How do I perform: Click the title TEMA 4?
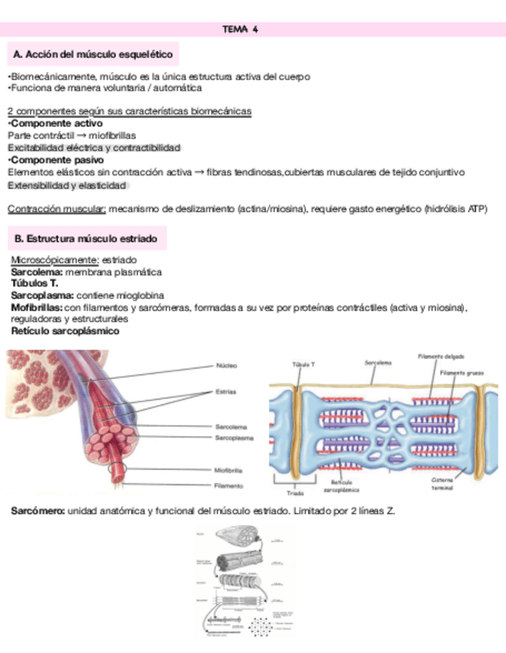pos(239,30)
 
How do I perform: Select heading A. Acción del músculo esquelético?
pos(92,55)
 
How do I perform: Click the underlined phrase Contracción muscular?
pos(56,209)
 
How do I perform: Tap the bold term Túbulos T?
pos(35,283)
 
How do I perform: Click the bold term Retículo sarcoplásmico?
pos(65,330)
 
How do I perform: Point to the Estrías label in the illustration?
pos(227,391)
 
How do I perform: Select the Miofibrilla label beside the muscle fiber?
pos(229,469)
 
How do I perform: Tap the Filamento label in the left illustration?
pos(228,486)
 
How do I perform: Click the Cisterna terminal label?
pos(444,483)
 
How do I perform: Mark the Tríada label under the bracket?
pos(295,492)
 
